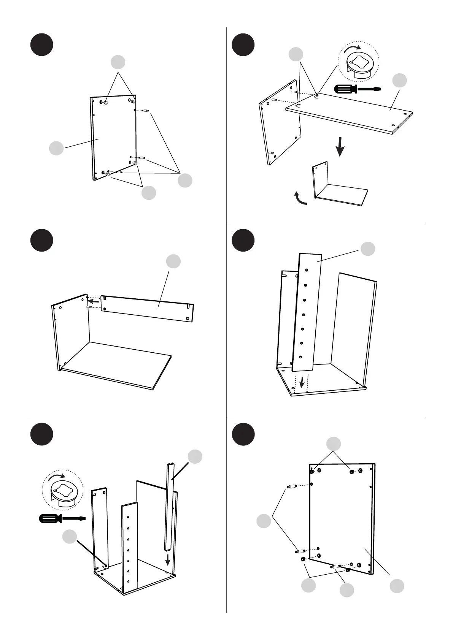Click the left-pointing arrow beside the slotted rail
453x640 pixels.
point(94,301)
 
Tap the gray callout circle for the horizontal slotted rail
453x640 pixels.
point(173,261)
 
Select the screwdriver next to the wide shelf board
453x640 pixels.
point(357,89)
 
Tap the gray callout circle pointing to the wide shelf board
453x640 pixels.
point(399,80)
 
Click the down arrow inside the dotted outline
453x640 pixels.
point(302,382)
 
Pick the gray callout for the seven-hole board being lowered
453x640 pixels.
point(368,249)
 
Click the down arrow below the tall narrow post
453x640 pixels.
point(167,559)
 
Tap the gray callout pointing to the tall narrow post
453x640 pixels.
point(195,456)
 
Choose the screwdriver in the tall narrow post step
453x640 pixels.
point(62,518)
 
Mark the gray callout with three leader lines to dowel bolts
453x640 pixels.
point(185,181)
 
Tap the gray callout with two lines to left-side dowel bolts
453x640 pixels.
point(264,521)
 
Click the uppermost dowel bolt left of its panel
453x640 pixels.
point(291,486)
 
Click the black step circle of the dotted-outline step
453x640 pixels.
point(243,240)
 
